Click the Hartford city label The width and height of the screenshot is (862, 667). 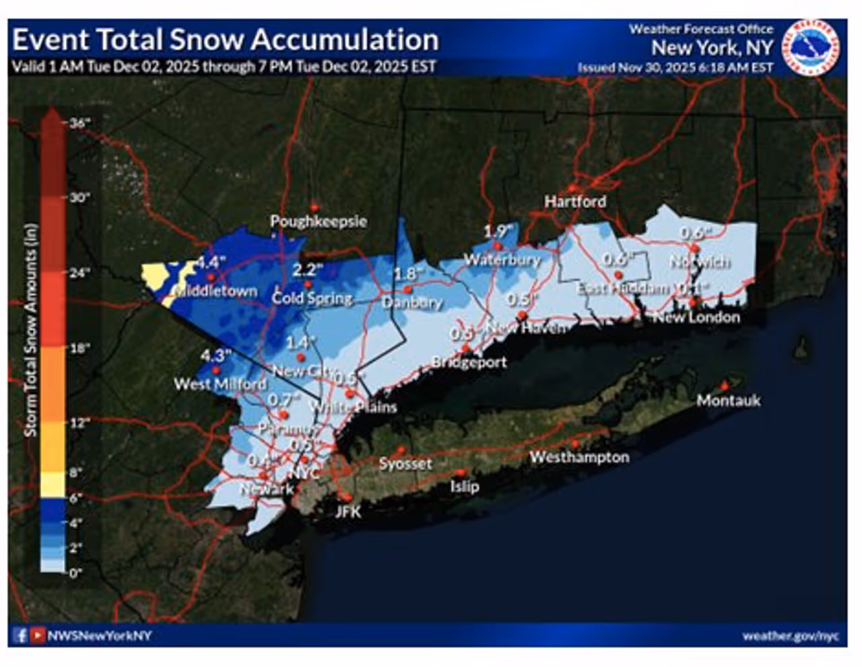(x=574, y=201)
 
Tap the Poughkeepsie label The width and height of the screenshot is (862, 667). (x=318, y=221)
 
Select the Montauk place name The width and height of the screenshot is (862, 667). (x=728, y=400)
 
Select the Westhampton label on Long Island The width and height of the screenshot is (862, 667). (x=579, y=457)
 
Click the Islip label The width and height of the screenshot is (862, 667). (x=464, y=486)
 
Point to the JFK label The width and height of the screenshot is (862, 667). (x=348, y=512)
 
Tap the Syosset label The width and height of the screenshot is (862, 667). (x=405, y=464)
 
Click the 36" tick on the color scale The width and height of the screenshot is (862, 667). (x=79, y=123)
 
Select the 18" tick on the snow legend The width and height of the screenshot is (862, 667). (x=79, y=348)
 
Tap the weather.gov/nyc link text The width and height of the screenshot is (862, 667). (x=790, y=636)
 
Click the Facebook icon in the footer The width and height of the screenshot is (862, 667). (x=21, y=635)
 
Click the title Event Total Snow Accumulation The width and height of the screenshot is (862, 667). (x=225, y=40)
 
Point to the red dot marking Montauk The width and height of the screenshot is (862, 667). (x=725, y=386)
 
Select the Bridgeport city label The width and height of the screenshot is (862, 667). (x=469, y=362)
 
